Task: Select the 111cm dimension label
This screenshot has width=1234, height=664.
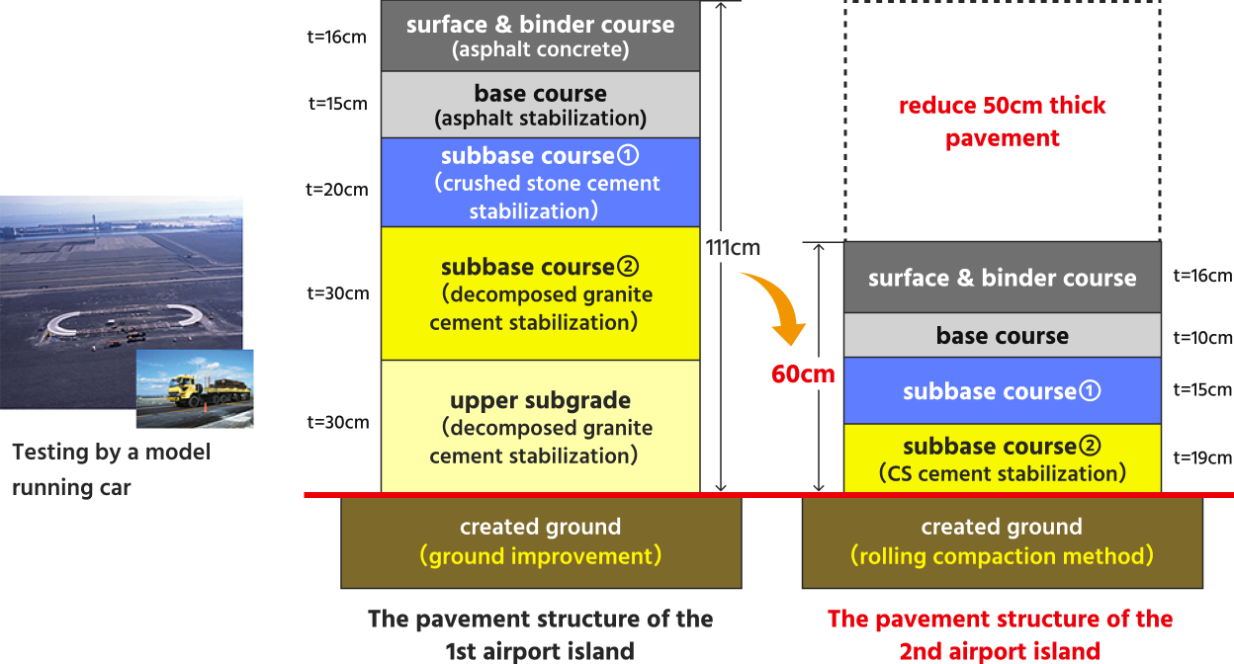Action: [733, 247]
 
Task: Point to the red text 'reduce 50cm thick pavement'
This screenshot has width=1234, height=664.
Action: [1002, 122]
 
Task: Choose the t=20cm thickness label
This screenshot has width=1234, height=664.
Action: [338, 189]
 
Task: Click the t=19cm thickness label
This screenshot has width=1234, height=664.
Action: [1202, 457]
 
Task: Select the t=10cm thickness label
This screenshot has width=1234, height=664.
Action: [1202, 338]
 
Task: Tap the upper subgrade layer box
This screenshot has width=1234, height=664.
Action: [540, 427]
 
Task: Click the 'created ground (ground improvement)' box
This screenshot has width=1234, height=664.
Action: [540, 542]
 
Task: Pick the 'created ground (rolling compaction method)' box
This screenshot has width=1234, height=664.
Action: [1002, 542]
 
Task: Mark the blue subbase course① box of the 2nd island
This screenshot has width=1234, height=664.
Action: [1002, 391]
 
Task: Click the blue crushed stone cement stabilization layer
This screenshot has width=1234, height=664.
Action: [540, 183]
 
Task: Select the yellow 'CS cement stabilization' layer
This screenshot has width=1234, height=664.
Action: [1002, 459]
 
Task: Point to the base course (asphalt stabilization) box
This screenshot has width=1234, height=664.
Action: [540, 105]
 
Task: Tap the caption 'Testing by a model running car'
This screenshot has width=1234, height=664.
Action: [111, 469]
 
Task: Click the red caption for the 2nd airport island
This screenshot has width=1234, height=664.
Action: [1000, 634]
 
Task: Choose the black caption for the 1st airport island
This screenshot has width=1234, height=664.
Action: [540, 634]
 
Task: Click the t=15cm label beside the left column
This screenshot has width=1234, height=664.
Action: [338, 103]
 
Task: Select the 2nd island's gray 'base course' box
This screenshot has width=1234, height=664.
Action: [1002, 336]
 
